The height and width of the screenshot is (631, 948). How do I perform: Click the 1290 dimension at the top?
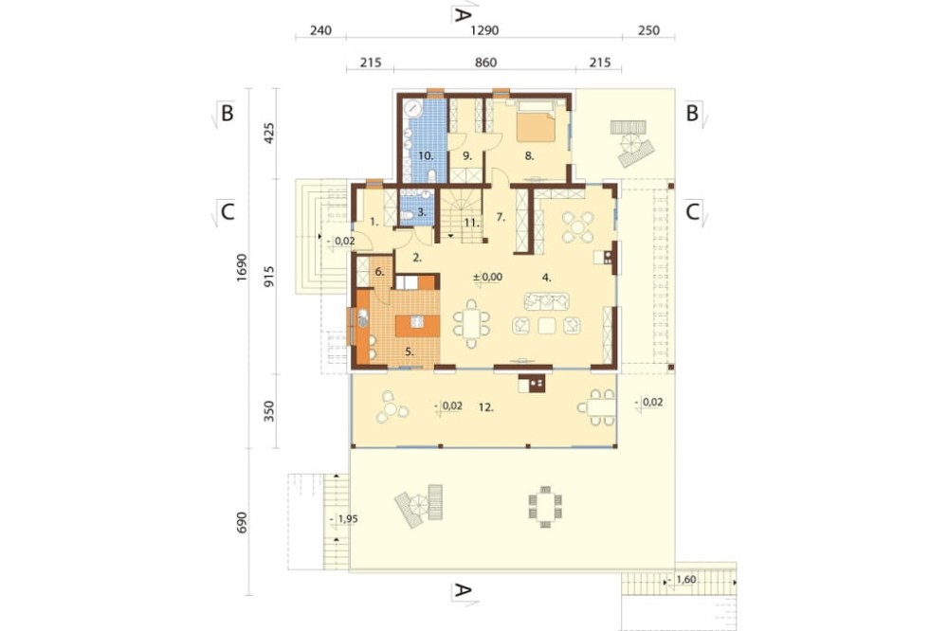pos(484,30)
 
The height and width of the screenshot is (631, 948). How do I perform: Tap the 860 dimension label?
pos(485,63)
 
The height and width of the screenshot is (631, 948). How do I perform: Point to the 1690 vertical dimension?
pos(242,268)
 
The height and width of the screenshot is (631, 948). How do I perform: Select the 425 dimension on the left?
pos(269,134)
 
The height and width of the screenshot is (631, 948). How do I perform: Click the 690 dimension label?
pos(242,523)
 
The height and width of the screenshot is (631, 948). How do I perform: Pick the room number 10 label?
pos(426,156)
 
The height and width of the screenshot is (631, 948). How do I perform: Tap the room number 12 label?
pos(486,407)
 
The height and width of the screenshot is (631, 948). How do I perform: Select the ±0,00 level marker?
pos(488,277)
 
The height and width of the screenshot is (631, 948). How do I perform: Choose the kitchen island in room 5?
pos(418,325)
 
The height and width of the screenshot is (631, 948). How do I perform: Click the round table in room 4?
pos(578,227)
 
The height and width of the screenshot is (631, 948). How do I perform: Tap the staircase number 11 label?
pos(471,223)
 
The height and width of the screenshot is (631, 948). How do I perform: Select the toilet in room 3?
pos(408,214)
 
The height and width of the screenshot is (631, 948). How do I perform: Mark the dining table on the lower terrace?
pos(545,507)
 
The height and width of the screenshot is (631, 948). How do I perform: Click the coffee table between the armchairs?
pos(547,326)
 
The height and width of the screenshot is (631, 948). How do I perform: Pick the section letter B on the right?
pos(692,113)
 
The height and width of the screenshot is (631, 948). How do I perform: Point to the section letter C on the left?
pos(228,212)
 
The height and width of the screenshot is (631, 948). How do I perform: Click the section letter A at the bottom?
pos(463,590)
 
